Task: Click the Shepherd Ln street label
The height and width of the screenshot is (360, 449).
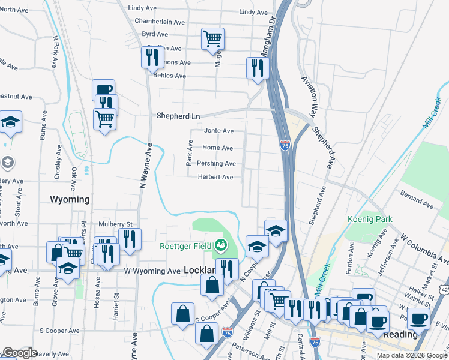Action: click(x=177, y=116)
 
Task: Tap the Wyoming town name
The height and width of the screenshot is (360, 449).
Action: click(x=70, y=199)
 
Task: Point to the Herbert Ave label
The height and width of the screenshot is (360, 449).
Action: click(x=215, y=177)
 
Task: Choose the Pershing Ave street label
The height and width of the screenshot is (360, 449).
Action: click(x=216, y=163)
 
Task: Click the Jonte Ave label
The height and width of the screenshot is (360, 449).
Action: click(x=218, y=130)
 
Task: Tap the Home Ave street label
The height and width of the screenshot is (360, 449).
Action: click(x=217, y=148)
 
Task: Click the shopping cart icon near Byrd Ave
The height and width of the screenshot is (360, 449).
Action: click(x=213, y=39)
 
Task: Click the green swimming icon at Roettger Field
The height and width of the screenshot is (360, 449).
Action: click(x=221, y=244)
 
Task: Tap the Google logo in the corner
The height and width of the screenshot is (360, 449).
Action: click(x=20, y=353)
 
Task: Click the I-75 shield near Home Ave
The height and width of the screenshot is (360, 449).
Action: click(x=285, y=145)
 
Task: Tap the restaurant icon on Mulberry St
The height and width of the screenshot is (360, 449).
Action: click(x=129, y=239)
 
